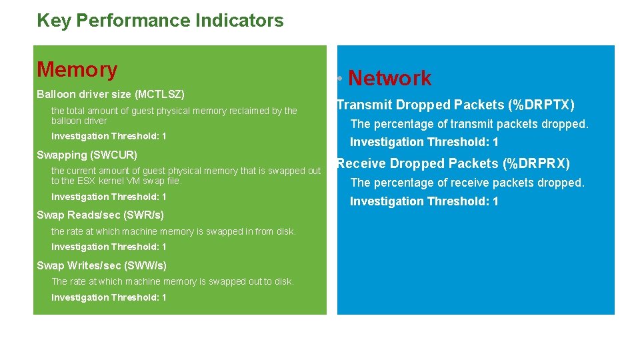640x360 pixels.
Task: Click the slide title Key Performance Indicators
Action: (160, 21)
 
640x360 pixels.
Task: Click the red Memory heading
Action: (77, 69)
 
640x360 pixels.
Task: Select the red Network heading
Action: (390, 79)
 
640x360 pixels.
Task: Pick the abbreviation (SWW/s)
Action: (145, 265)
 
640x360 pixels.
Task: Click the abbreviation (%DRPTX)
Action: (541, 105)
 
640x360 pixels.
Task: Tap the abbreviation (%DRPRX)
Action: (537, 163)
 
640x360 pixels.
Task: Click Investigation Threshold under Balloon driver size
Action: (109, 136)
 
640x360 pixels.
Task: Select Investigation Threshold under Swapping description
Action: (109, 197)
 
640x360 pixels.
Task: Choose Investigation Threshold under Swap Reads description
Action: (109, 247)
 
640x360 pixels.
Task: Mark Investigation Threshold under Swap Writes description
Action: (109, 297)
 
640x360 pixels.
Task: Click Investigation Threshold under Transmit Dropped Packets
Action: (424, 142)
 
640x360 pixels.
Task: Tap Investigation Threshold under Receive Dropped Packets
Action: (424, 201)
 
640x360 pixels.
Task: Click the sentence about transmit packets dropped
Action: (469, 124)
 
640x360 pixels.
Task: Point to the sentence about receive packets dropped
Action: (467, 183)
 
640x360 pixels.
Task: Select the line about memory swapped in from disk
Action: (173, 231)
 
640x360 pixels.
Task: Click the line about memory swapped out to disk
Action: (172, 281)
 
